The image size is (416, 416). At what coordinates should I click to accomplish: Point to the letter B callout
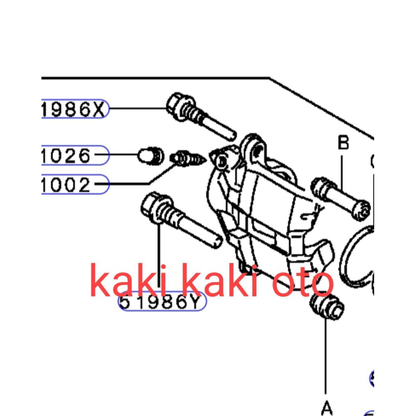coord(343,143)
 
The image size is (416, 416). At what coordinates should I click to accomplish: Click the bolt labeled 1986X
coord(199,117)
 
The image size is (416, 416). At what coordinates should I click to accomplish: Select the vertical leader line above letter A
coord(326,357)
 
